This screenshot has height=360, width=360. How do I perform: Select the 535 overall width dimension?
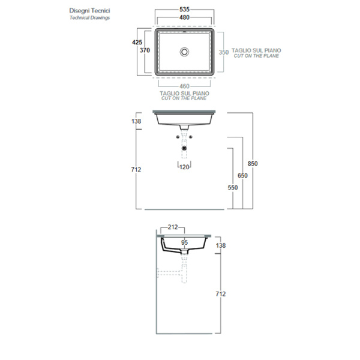click(185, 10)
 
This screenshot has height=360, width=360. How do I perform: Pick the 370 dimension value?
click(145, 51)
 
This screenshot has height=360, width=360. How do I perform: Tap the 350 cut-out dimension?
click(223, 52)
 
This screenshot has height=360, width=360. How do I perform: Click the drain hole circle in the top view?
click(185, 52)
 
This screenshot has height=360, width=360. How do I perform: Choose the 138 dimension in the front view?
click(136, 122)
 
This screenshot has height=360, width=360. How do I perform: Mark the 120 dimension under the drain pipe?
click(185, 167)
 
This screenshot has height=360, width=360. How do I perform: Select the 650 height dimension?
click(242, 175)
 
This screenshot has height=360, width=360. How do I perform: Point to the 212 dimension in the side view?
click(173, 227)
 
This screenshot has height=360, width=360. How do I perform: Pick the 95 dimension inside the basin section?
click(185, 243)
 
